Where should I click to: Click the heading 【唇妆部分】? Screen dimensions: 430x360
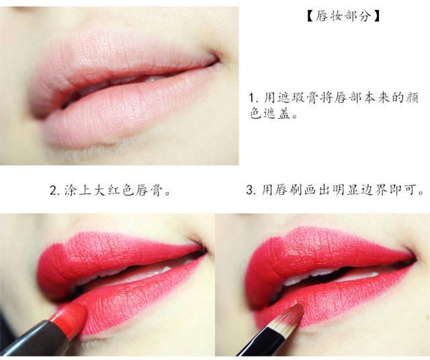click(x=343, y=16)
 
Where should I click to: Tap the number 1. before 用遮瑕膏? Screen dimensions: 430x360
click(x=255, y=98)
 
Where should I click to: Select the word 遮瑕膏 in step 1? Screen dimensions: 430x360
click(x=298, y=98)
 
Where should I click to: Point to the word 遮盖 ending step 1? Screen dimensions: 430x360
click(x=271, y=114)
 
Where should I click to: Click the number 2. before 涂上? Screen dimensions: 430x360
click(x=55, y=190)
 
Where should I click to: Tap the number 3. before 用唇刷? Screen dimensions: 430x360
click(x=251, y=189)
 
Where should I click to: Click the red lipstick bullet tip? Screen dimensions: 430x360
click(x=71, y=318)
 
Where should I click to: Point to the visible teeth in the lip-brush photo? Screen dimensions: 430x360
click(x=315, y=275)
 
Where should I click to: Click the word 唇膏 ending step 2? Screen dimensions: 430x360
click(x=148, y=190)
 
